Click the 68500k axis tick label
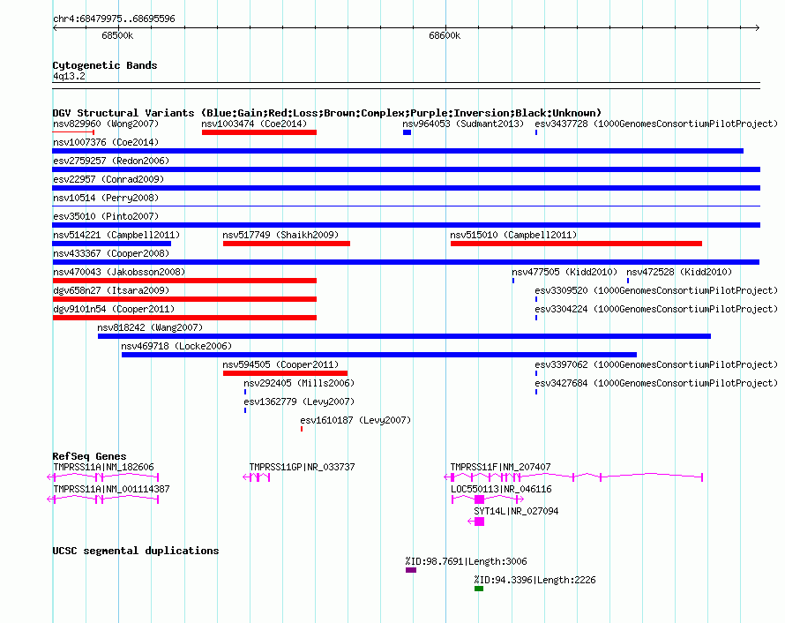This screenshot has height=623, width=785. point(117,35)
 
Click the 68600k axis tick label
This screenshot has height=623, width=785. point(445,35)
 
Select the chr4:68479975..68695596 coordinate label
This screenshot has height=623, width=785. point(114,19)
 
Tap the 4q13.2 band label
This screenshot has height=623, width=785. point(69,76)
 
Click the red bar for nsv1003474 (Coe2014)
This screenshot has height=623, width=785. point(259,132)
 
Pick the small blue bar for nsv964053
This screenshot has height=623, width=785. point(407,132)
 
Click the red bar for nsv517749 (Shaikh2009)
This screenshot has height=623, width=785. point(287,244)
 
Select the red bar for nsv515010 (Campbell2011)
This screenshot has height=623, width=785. point(576,244)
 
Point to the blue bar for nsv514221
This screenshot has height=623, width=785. point(112,244)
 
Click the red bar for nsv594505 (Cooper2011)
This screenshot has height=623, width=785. point(286,373)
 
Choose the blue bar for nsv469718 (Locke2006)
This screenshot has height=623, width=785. point(379,355)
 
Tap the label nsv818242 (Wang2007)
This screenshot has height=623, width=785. point(150,327)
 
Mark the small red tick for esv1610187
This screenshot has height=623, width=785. point(302,429)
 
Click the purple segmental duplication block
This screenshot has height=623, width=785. point(411,570)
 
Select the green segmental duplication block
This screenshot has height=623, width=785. point(479,589)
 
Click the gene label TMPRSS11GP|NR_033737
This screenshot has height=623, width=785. point(302,467)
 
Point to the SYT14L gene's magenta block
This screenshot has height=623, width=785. point(480,522)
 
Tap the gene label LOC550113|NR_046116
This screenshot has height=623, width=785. point(501,489)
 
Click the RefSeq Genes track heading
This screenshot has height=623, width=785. point(90,456)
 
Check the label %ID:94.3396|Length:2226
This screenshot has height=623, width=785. point(535,580)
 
